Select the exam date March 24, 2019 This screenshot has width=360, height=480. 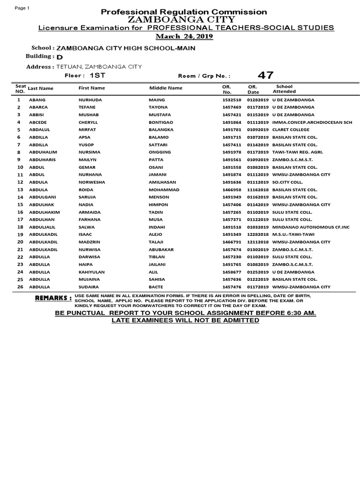tap(184, 37)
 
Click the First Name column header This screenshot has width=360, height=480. tap(92, 88)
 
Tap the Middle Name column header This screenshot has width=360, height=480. tap(165, 88)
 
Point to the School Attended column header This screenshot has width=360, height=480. tap(284, 89)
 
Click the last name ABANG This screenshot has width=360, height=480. tap(37, 100)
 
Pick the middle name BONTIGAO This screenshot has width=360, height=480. tap(161, 122)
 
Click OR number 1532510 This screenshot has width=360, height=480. tap(232, 100)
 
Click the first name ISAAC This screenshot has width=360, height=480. tap(85, 234)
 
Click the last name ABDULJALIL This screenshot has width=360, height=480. tap(43, 227)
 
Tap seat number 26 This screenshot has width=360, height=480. tap(20, 287)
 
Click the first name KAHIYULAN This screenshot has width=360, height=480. tap(91, 272)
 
